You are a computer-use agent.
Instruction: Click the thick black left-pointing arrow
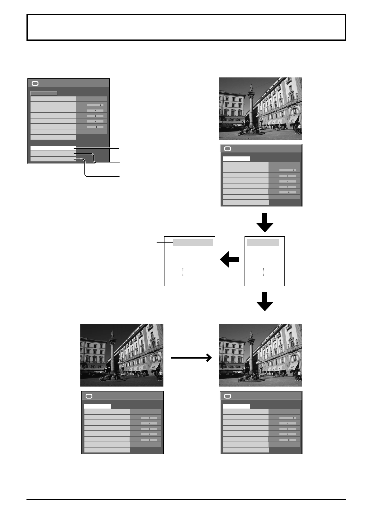[x=230, y=259]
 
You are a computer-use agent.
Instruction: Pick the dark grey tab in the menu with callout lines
[x=44, y=93]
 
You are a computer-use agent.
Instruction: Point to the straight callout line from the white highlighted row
[x=98, y=148]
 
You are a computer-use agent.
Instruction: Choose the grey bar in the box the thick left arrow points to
[x=193, y=243]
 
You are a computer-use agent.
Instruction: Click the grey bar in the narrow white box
[x=263, y=243]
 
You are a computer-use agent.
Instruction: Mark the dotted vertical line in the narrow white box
[x=263, y=272]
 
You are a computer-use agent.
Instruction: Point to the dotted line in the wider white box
[x=183, y=272]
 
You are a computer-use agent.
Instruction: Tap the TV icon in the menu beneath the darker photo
[x=89, y=396]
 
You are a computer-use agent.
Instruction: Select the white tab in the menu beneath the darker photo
[x=98, y=406]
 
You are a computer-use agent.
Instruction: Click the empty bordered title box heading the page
[x=186, y=27]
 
